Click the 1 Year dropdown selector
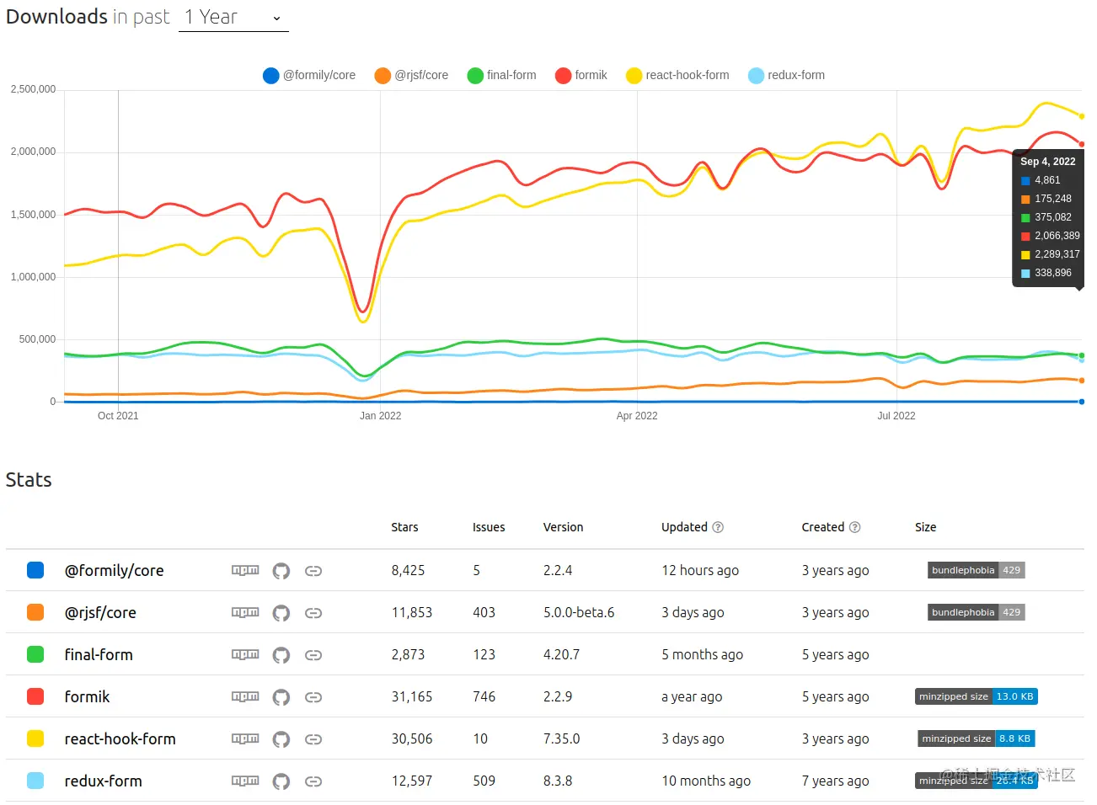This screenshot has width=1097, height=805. click(x=233, y=18)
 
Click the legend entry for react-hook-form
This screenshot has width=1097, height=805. click(x=677, y=75)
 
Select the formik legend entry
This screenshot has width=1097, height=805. click(x=581, y=75)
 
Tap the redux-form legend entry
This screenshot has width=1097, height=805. click(x=786, y=75)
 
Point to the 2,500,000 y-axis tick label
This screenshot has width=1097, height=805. click(x=33, y=89)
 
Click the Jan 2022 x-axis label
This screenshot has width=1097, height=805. click(x=380, y=416)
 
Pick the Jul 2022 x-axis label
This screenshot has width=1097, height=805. click(x=896, y=416)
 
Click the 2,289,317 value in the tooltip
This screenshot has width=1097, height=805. click(x=1057, y=254)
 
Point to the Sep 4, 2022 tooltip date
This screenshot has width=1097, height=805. click(x=1047, y=162)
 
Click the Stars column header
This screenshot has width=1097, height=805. click(x=404, y=527)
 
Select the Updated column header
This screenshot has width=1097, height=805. click(x=684, y=527)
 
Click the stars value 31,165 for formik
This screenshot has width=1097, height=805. click(x=411, y=696)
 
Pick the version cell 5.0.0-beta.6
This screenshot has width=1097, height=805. click(x=579, y=612)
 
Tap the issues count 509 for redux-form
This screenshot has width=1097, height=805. click(x=484, y=781)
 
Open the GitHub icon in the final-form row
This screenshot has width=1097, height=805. click(x=281, y=655)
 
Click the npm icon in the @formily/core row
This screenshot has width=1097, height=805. click(x=245, y=570)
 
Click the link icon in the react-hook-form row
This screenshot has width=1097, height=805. click(x=313, y=739)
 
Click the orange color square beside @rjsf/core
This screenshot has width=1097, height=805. click(x=35, y=612)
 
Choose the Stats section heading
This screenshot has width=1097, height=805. click(x=29, y=480)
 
